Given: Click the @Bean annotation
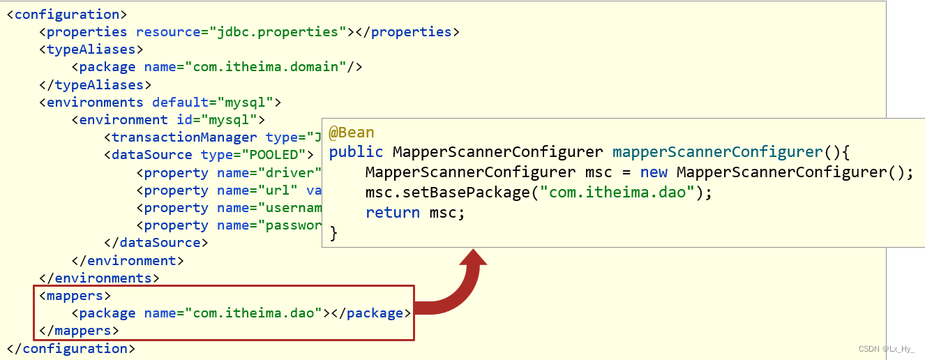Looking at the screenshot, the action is tap(352, 133).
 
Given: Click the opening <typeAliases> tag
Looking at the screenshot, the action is tap(91, 50).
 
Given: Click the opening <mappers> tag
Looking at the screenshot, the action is tap(75, 296).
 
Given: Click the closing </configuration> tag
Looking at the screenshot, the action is tap(71, 348).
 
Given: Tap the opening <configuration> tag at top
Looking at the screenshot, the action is tap(67, 14).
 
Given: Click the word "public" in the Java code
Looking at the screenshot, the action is tap(356, 152).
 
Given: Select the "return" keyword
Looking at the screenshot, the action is tap(393, 213).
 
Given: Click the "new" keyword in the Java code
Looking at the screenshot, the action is tap(654, 172).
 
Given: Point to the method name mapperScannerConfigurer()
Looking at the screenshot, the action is tap(725, 152).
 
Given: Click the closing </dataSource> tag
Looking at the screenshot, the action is tap(156, 243).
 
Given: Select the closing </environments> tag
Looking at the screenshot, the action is tap(100, 278).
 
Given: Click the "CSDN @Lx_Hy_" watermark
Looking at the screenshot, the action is tap(885, 348).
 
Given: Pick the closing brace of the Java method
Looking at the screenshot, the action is tap(333, 233).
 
